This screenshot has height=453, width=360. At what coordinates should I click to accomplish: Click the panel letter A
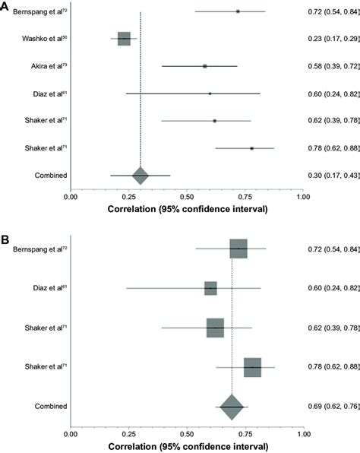point(5,5)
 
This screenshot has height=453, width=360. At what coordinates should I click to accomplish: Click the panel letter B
point(5,238)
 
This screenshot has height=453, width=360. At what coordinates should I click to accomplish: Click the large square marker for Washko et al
point(124,39)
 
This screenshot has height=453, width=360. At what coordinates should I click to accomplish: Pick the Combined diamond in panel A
point(140,176)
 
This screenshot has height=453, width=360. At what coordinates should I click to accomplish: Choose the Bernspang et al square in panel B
point(238,249)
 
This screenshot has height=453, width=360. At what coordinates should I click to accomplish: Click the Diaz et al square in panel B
point(210,289)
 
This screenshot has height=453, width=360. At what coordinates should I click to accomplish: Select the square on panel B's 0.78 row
point(252,367)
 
